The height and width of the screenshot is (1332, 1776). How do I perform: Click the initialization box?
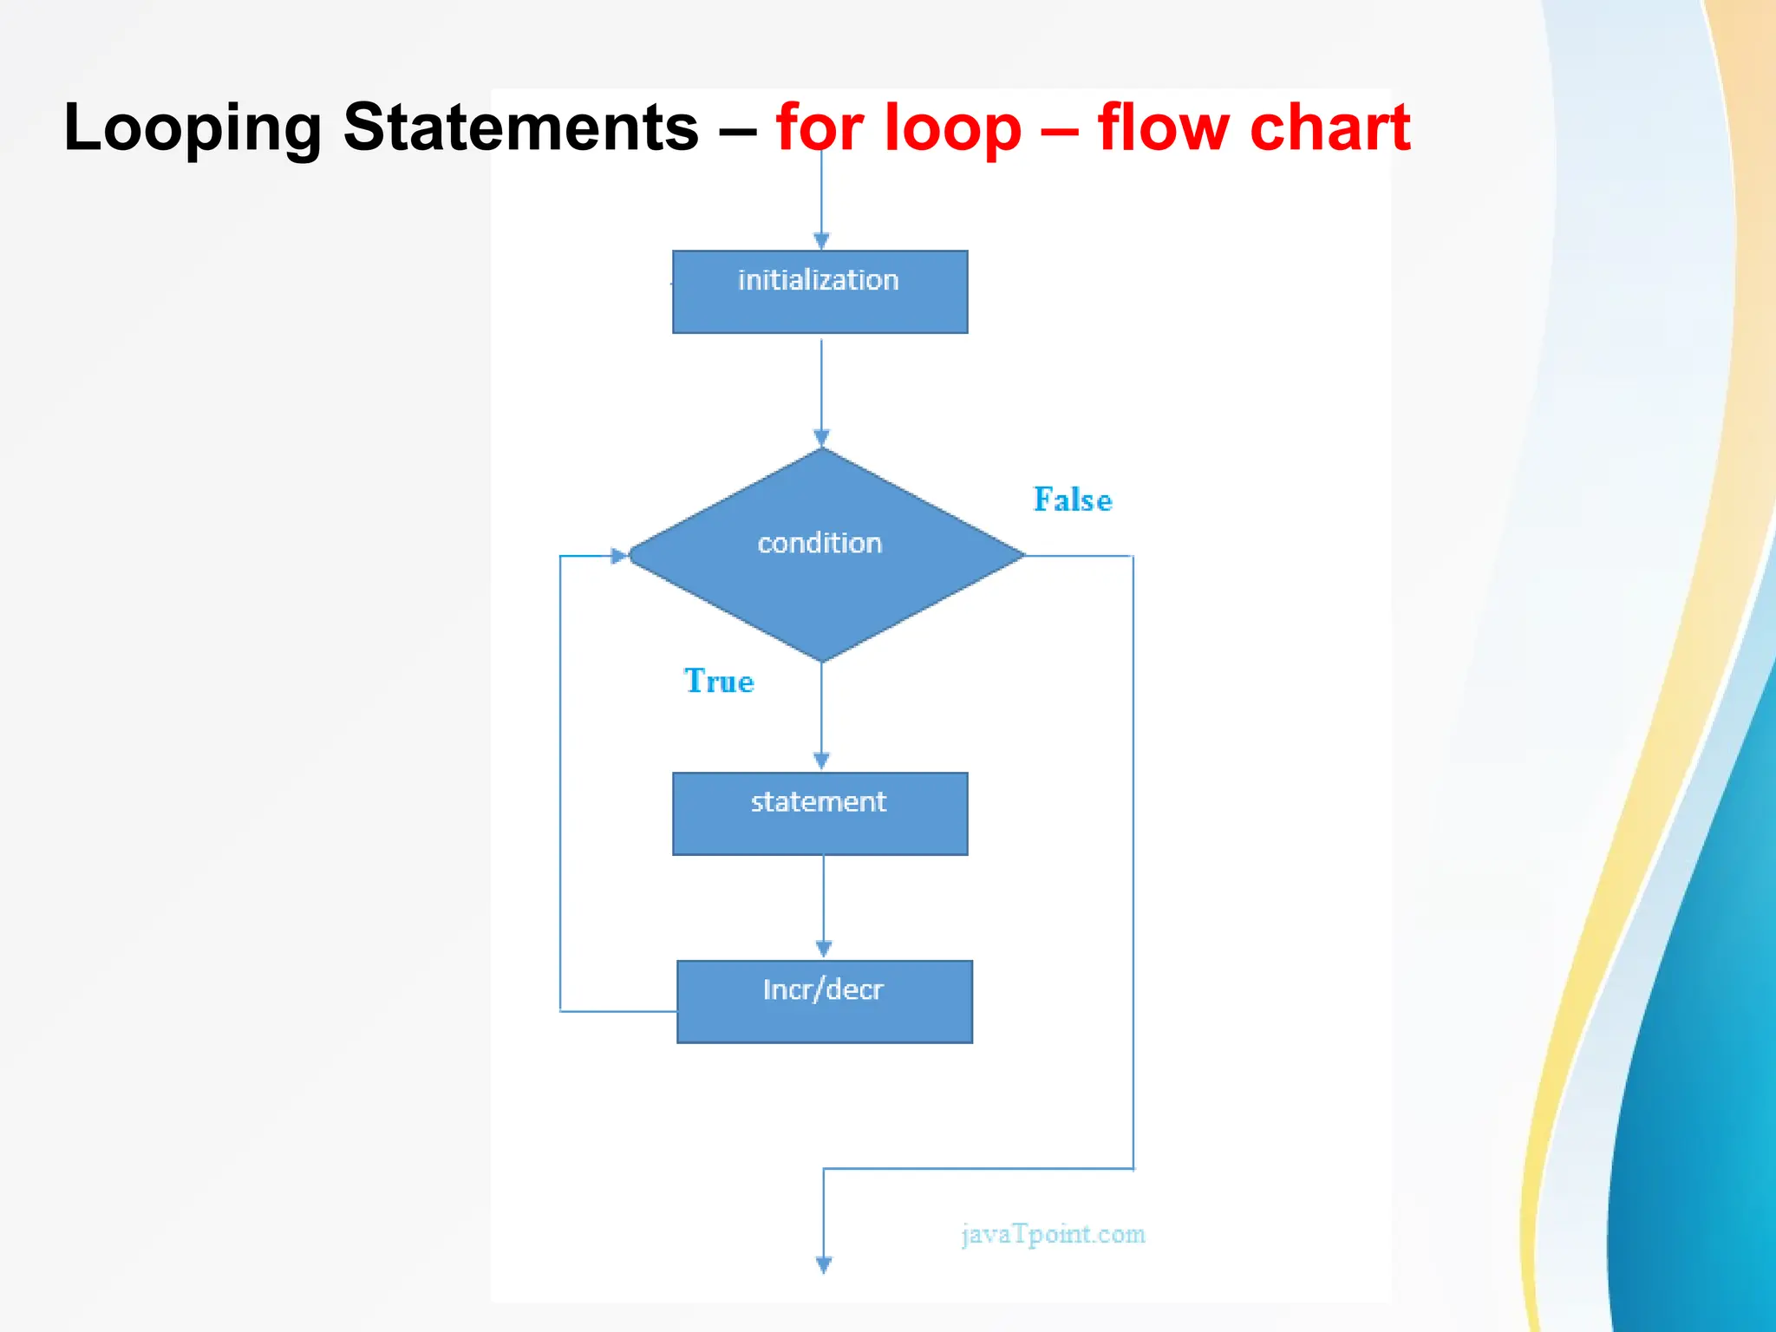[819, 292]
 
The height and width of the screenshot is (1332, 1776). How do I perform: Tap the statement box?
[819, 813]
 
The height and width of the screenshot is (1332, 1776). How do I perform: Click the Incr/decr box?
[824, 1002]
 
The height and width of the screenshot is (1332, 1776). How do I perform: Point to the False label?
[1073, 500]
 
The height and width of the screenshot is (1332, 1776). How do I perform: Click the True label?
[719, 682]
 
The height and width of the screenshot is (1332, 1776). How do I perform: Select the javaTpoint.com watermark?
[1053, 1234]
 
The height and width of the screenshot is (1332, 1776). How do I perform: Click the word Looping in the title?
[193, 128]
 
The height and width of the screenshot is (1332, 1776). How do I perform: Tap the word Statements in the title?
[520, 128]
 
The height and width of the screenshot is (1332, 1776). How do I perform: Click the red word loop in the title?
[954, 128]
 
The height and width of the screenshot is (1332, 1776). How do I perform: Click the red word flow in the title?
[1163, 128]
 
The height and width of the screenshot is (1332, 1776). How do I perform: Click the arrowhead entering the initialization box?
[821, 241]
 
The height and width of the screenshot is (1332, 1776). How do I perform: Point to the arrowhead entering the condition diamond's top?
[821, 438]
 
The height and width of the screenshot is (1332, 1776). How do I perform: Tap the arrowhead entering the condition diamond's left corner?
[619, 556]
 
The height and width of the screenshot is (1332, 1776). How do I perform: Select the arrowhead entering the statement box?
[821, 761]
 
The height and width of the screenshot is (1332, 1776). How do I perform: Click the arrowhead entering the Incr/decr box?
[824, 950]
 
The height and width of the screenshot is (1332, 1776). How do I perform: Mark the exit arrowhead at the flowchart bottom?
[824, 1265]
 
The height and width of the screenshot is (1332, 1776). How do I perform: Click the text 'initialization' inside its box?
[818, 280]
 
